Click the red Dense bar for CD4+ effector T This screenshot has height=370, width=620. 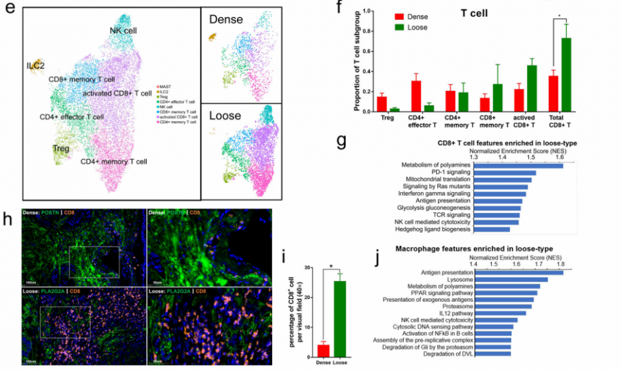pos(416,96)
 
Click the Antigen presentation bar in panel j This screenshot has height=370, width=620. pos(517,273)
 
